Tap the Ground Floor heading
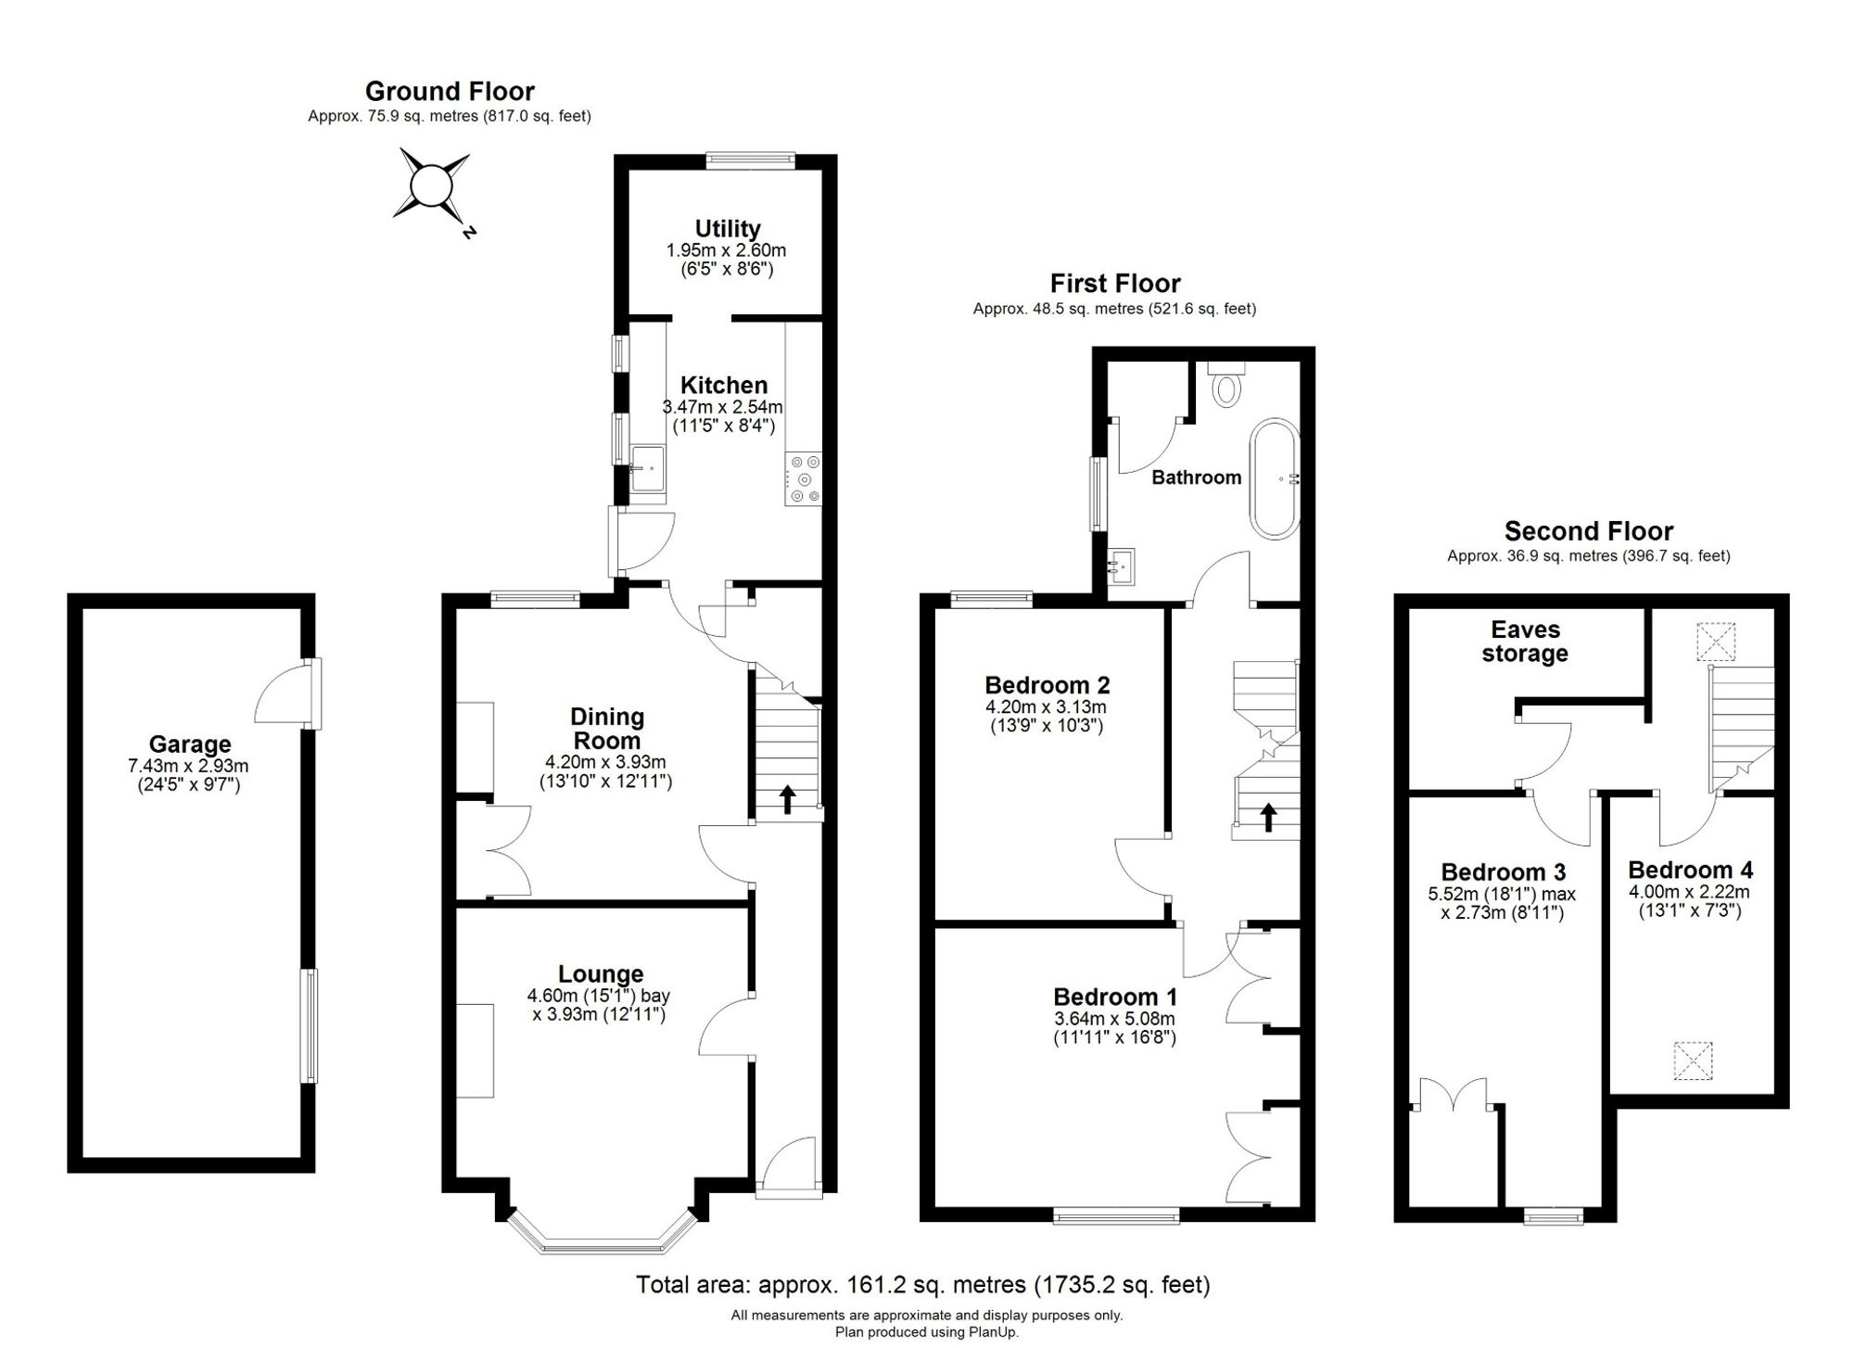click(x=450, y=91)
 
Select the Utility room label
click(x=728, y=228)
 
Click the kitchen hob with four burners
click(x=803, y=477)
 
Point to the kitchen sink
click(x=647, y=468)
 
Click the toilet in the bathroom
click(x=1226, y=384)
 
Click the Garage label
click(x=190, y=744)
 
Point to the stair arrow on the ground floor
click(x=787, y=798)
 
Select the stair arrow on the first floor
click(x=1267, y=817)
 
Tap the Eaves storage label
click(x=1525, y=642)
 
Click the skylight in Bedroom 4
click(x=1693, y=1061)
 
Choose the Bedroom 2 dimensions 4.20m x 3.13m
click(x=1046, y=706)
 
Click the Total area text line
click(x=923, y=1285)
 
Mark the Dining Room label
click(x=607, y=729)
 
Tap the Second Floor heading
click(x=1589, y=531)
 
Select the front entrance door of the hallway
click(x=787, y=1168)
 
